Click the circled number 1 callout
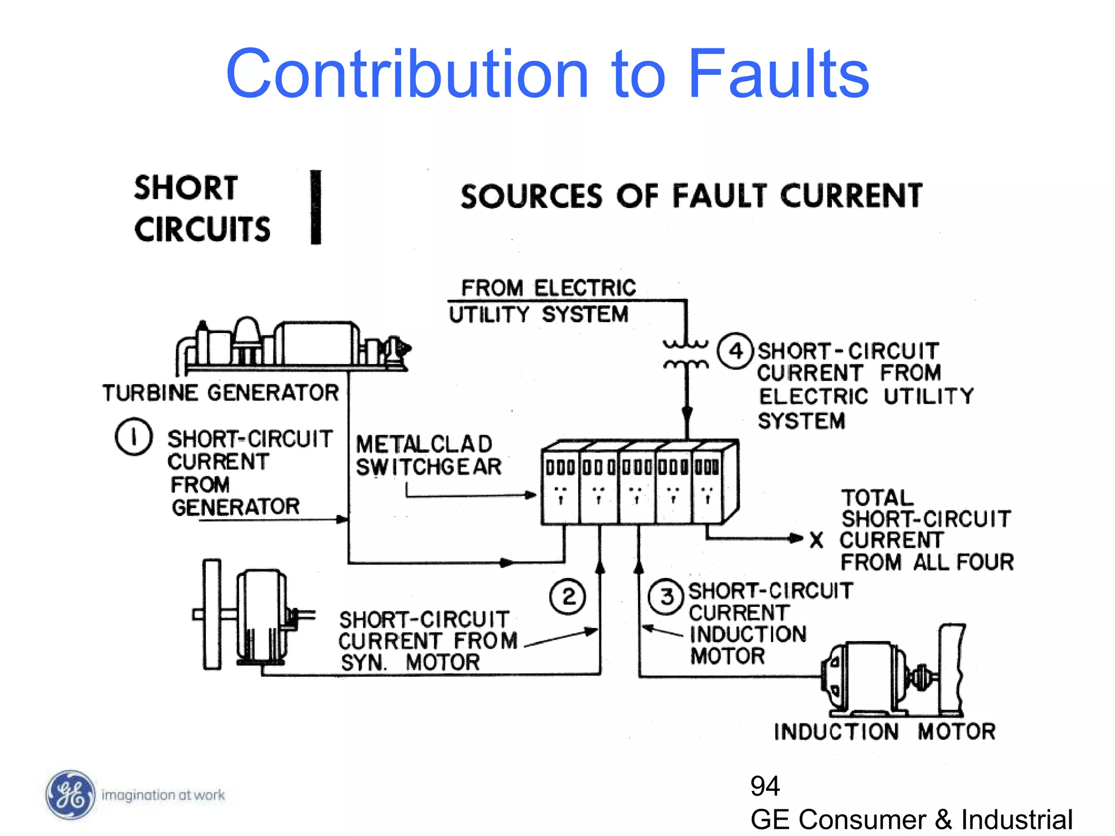[x=133, y=437]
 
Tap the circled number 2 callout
[x=567, y=597]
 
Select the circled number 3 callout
[x=666, y=597]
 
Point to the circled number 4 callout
[x=735, y=351]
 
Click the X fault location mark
[x=816, y=540]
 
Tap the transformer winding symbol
[x=686, y=354]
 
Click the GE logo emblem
[x=70, y=795]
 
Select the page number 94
[x=765, y=786]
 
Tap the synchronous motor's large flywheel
[x=212, y=614]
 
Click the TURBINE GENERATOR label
[x=220, y=392]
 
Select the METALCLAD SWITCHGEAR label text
[x=428, y=455]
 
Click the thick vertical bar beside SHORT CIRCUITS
[x=316, y=207]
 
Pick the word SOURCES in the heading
[x=531, y=196]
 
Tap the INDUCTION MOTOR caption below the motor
[x=885, y=731]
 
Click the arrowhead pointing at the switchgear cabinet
[x=530, y=495]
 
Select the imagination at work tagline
[x=163, y=795]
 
